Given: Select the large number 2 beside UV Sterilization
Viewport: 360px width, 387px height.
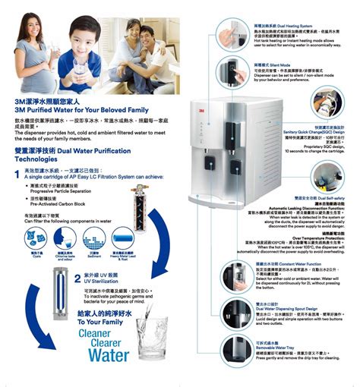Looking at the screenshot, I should tap(77, 278).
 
